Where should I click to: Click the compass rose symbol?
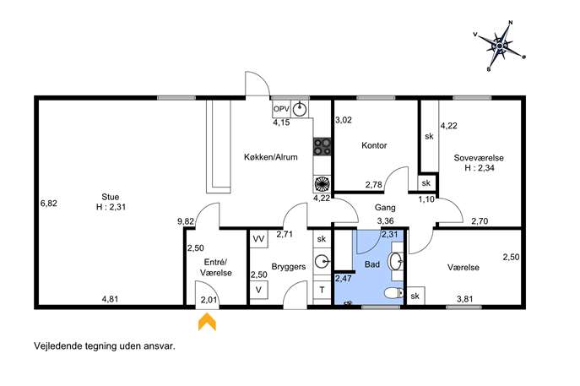[x=499, y=46]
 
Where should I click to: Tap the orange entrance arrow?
[x=207, y=321]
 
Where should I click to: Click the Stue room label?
[x=111, y=197]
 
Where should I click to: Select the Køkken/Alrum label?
[x=271, y=157]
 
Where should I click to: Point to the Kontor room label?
[x=374, y=145]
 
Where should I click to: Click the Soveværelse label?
[x=479, y=158]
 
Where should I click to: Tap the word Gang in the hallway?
[x=385, y=208]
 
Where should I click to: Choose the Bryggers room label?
[x=289, y=266]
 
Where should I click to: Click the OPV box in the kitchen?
[x=281, y=109]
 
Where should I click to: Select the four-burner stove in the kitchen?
[x=323, y=146]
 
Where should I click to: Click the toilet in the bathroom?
[x=394, y=294]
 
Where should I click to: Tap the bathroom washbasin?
[x=396, y=261]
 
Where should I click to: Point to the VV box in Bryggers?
[x=259, y=239]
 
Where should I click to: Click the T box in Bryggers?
[x=323, y=291]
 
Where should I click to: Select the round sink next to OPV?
[x=300, y=110]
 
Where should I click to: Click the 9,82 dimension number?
[x=186, y=221]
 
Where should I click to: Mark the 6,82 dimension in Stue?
[x=49, y=204]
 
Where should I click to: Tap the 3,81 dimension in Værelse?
[x=465, y=299]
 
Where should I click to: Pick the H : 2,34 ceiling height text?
[x=480, y=168]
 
